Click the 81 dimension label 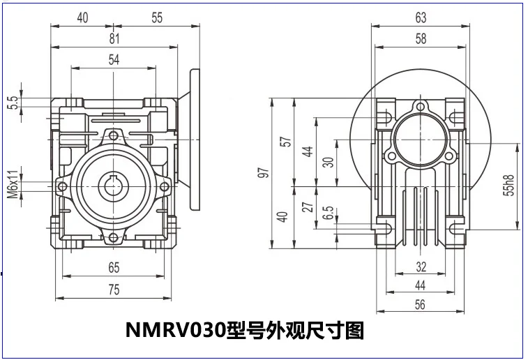point(114,39)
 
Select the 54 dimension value point(114,60)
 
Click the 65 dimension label point(114,267)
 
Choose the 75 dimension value point(114,291)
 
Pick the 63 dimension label point(421,17)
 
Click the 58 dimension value point(421,39)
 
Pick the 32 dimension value point(421,266)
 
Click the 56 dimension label point(421,303)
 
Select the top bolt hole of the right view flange point(420,107)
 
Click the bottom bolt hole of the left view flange point(114,239)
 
